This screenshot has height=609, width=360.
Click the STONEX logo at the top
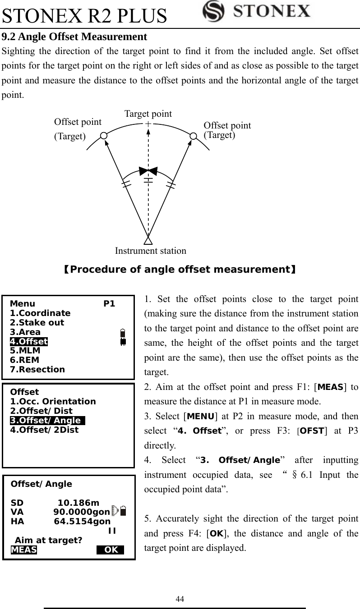[256, 11]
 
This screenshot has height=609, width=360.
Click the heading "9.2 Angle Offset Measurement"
[75, 37]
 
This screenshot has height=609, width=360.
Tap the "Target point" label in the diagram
[148, 114]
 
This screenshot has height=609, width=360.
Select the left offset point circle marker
[104, 135]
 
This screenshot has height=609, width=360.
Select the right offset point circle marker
[193, 136]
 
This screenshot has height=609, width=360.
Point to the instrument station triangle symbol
[148, 239]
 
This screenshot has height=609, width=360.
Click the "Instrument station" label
[150, 251]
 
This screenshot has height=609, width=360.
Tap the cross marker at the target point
[148, 123]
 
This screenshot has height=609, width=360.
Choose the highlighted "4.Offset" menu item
[29, 341]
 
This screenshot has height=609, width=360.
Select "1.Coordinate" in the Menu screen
[40, 313]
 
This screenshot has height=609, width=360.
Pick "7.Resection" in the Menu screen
[37, 370]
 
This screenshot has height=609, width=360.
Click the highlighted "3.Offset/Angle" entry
[46, 421]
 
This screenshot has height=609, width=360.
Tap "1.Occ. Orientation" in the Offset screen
[53, 402]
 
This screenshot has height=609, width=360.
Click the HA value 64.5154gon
[82, 522]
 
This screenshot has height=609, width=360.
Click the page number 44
[180, 599]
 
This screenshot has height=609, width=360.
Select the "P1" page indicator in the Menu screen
[109, 304]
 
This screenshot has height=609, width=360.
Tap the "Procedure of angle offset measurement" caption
[180, 270]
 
